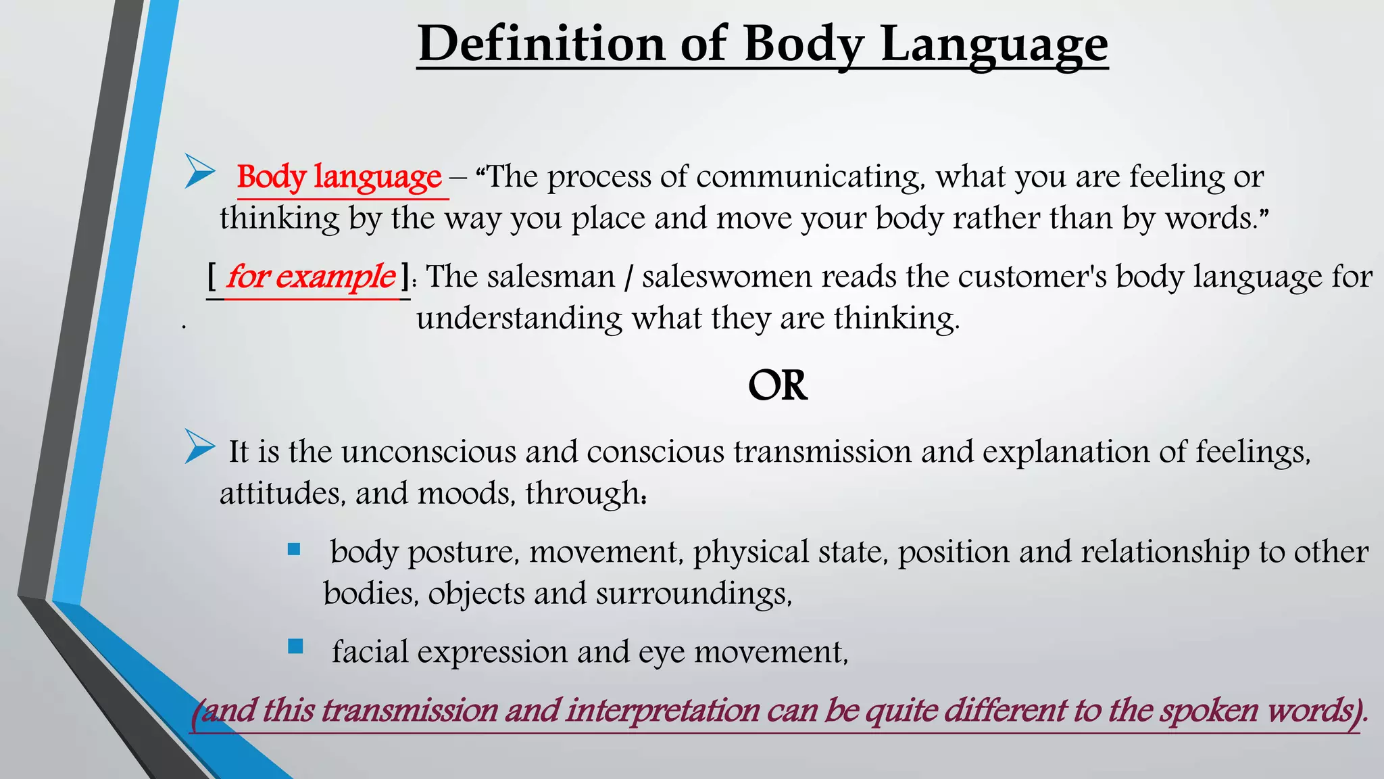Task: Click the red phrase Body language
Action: click(339, 177)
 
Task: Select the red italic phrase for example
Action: click(310, 276)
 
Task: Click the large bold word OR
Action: click(777, 385)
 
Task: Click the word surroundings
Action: click(693, 594)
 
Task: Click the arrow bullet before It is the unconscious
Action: click(200, 446)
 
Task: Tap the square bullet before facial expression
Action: click(295, 646)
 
